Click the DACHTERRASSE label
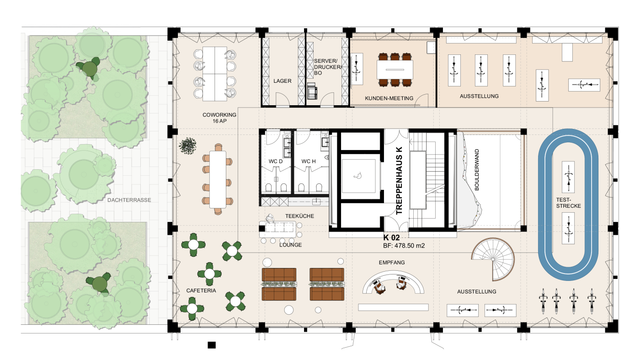pos(129,200)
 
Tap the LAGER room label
pos(283,81)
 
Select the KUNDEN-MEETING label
pos(389,98)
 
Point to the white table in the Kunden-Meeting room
pos(395,70)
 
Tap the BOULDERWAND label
pos(476,170)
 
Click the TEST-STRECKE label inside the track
pos(568,203)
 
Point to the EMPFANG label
pos(392,262)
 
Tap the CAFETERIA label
pos(201,290)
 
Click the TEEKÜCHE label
pos(299,216)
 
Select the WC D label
pos(275,161)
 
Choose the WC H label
pos(308,161)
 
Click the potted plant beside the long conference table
pos(187,145)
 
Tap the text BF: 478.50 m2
pos(404,246)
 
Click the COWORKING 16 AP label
pos(219,118)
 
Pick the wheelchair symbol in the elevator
pos(357,176)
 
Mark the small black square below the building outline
pos(211,345)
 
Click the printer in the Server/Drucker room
pos(312,91)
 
